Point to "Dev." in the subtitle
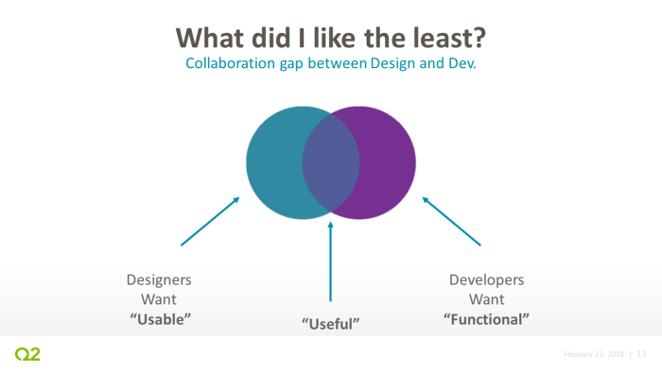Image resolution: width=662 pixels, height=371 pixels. point(459,64)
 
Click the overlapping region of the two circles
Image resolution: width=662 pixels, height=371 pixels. point(331,162)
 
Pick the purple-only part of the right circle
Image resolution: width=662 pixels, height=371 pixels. point(388,162)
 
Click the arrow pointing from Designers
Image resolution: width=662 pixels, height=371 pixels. point(210,221)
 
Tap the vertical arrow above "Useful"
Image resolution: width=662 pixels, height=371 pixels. point(331,260)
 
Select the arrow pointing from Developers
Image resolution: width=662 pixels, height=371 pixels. point(451,221)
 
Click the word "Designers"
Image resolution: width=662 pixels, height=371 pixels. point(159,280)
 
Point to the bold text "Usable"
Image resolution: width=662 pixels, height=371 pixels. point(160,318)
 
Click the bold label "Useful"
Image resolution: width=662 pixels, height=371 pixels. point(332,325)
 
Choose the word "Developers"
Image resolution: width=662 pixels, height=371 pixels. point(485,280)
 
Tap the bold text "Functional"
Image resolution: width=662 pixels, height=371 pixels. point(485,318)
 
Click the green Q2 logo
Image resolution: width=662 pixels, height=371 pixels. point(27,354)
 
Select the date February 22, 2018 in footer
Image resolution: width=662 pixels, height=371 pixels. point(593,354)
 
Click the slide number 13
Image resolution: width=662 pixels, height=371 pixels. point(641,354)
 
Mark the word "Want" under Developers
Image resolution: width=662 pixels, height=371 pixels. point(485,299)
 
